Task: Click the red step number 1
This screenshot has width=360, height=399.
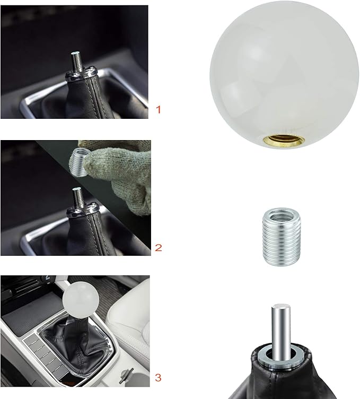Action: pyautogui.click(x=158, y=110)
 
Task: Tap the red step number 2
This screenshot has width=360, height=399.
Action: pyautogui.click(x=158, y=248)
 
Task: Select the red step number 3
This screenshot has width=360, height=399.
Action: pyautogui.click(x=158, y=378)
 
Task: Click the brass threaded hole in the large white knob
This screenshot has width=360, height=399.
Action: pyautogui.click(x=284, y=141)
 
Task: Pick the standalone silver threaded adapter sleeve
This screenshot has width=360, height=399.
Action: pyautogui.click(x=282, y=237)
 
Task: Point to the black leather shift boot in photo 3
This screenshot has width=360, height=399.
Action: pyautogui.click(x=76, y=341)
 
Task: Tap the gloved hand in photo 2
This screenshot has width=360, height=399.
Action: pyautogui.click(x=119, y=173)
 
